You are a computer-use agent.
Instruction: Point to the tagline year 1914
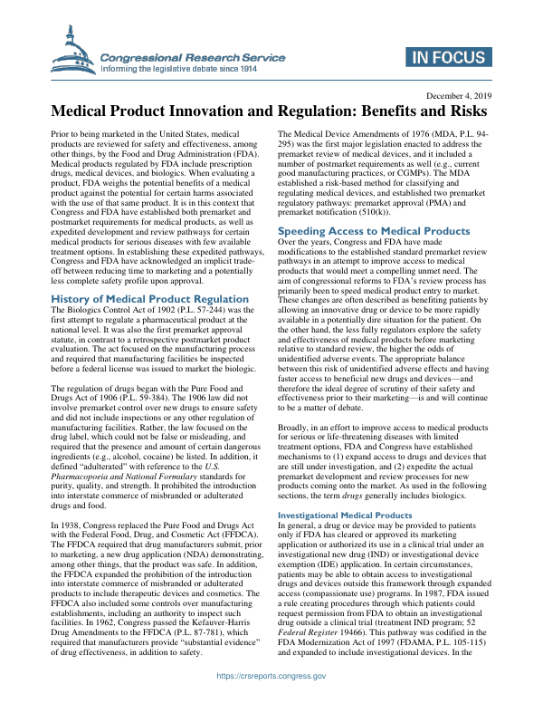coord(258,67)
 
